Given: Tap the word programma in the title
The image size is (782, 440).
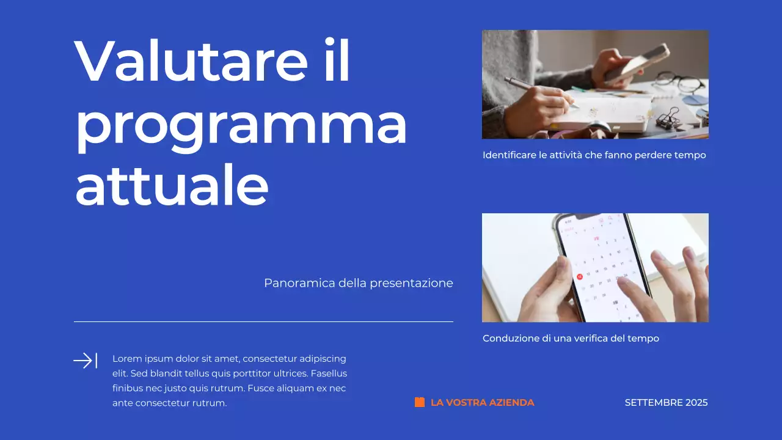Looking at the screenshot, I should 241,125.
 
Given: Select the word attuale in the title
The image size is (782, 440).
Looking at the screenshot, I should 172,185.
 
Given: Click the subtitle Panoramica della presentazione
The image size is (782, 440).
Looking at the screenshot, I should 358,283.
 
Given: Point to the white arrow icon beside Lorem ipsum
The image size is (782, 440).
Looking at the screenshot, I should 85,361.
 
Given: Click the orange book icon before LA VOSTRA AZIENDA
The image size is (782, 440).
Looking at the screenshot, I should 420,402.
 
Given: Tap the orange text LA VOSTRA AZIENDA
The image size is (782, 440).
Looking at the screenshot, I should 482,403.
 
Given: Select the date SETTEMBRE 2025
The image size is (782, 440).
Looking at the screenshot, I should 666,403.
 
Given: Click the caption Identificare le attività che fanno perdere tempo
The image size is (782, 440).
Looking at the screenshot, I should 594,155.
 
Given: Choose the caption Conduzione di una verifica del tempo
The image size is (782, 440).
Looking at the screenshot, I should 571,339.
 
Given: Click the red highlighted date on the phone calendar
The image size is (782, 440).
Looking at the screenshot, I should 579,276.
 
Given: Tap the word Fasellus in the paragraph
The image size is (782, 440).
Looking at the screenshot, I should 327,373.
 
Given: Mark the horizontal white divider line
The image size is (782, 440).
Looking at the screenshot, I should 263,321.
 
